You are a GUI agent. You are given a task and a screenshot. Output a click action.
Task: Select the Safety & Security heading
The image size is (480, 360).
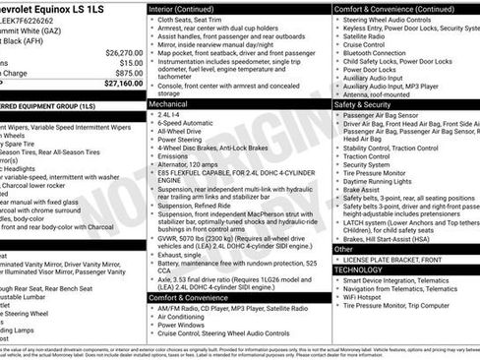(x=363, y=102)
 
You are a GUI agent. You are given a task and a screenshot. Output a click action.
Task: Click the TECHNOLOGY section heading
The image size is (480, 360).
(x=358, y=269)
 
